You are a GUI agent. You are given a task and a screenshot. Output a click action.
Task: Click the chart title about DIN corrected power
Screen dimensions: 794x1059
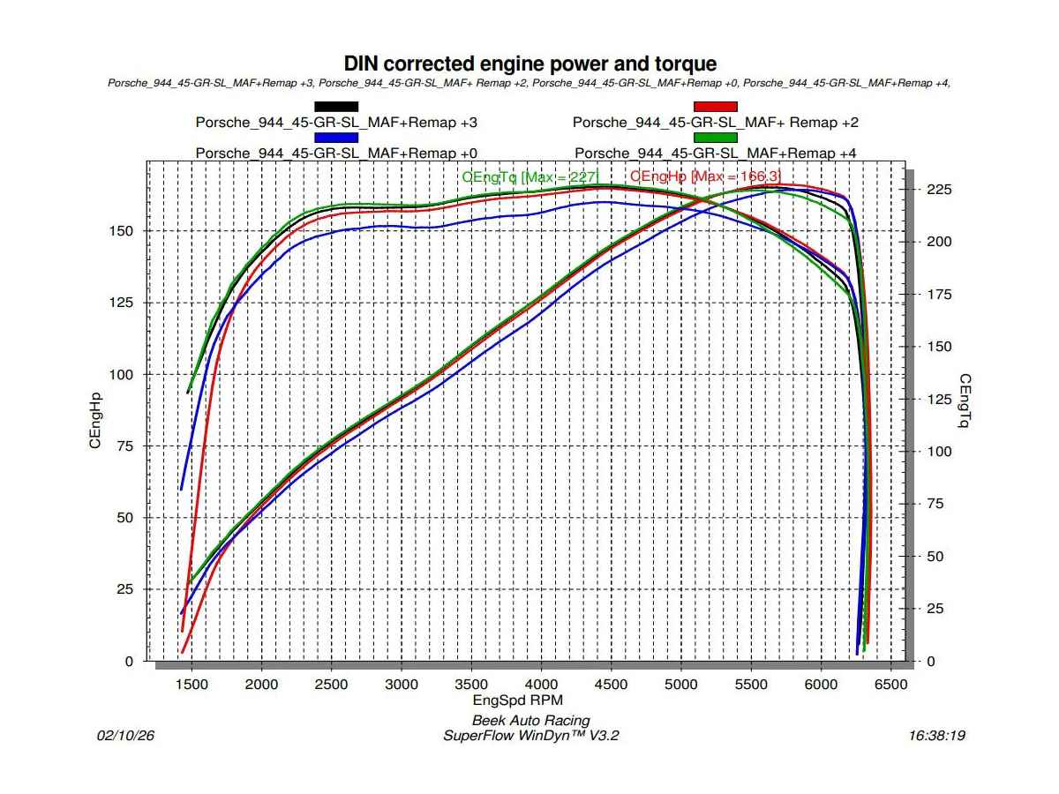529,64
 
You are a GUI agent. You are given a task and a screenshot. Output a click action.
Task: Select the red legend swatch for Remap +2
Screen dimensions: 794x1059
715,107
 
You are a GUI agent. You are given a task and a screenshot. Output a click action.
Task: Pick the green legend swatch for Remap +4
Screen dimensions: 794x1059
715,138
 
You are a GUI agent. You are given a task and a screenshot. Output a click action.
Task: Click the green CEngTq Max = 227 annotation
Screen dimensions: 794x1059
530,177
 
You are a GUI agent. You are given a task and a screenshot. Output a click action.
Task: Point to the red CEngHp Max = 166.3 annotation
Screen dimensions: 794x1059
705,177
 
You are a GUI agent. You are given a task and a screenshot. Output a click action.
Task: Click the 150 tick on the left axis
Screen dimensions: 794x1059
122,231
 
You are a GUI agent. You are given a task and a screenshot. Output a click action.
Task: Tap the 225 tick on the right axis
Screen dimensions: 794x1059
939,190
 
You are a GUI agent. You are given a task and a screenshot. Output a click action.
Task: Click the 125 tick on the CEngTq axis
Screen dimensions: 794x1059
939,399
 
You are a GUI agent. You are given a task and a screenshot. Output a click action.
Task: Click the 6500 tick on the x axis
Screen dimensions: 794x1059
890,685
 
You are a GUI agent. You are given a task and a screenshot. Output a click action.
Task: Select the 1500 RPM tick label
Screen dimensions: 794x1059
192,685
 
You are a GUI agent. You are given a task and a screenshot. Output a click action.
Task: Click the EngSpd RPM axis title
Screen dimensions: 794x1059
529,700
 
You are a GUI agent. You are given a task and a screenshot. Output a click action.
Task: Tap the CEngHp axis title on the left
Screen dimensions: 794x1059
94,422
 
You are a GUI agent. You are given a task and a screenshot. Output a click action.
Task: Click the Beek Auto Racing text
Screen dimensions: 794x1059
530,721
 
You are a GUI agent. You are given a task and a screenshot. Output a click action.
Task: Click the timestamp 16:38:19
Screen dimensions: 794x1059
936,735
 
